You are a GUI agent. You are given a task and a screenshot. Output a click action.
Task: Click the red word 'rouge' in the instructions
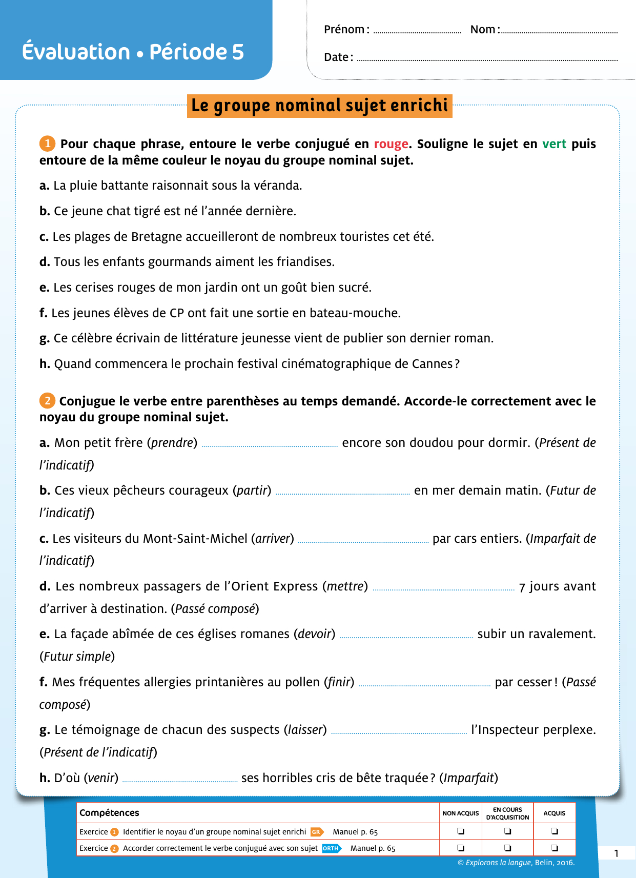pos(391,144)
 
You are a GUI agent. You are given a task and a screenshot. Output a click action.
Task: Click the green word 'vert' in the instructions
pos(554,144)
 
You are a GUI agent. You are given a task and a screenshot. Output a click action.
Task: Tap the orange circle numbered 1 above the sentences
pos(47,144)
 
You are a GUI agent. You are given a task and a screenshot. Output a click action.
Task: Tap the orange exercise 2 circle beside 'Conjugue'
pos(47,400)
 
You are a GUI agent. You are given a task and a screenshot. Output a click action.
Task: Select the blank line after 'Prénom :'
pos(417,32)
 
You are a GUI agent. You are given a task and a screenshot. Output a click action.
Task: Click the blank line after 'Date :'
pos(487,59)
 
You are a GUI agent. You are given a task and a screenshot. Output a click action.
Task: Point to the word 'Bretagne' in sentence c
pos(156,237)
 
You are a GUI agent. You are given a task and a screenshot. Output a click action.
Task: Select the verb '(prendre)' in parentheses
pos(172,443)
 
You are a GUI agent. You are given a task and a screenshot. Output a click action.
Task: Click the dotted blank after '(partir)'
pos(342,493)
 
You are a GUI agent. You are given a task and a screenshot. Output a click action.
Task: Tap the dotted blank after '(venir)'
pos(180,781)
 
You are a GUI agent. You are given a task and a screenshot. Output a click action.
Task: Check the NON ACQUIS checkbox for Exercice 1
pos(461,831)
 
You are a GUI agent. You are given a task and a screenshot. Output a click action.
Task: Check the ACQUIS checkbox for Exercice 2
pos(554,848)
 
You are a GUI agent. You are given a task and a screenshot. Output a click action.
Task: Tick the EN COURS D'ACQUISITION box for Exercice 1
pos(507,831)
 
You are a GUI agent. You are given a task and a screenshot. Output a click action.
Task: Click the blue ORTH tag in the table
pos(331,848)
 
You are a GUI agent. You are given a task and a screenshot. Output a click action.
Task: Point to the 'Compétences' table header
pos(109,813)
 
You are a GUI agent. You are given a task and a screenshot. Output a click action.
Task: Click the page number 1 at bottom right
pos(617,853)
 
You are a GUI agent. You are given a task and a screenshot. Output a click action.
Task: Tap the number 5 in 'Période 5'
pos(238,52)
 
